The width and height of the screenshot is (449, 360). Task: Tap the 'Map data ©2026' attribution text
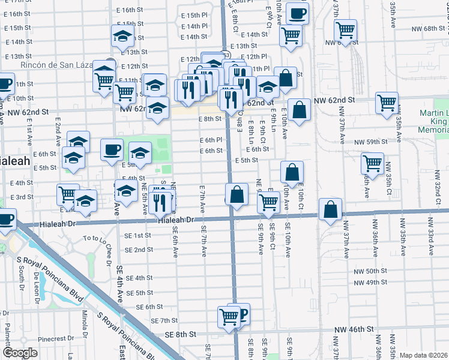point(424,355)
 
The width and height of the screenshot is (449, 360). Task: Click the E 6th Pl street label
point(211,140)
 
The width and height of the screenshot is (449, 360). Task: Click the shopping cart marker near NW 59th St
point(372,161)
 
